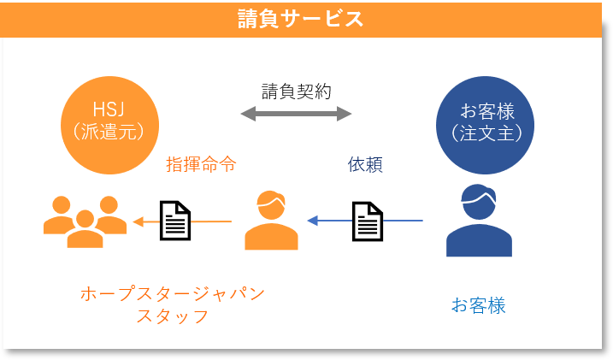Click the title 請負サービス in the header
coord(300,19)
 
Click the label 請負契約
coord(296,91)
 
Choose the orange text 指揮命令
coord(201,164)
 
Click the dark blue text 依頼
coord(365,164)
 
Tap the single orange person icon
coord(271,221)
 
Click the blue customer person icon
coord(479,224)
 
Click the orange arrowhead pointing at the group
coord(138,221)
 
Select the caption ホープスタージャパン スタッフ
coord(172,304)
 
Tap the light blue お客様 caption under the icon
coord(478,305)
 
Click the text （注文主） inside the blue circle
coord(485,133)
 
